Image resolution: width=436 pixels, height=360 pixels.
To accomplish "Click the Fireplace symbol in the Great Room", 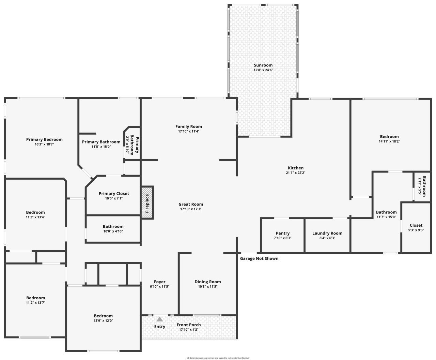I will click(147, 202).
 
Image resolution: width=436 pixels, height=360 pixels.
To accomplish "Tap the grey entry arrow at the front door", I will click(159, 319).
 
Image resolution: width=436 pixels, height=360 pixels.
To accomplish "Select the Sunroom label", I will click(263, 65).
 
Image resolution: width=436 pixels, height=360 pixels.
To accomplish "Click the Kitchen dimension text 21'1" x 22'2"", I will click(295, 172).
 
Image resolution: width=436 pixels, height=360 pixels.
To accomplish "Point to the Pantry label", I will click(283, 233).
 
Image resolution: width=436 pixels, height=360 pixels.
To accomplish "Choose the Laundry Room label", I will click(327, 233).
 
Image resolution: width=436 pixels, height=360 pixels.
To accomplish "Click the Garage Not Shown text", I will click(259, 258).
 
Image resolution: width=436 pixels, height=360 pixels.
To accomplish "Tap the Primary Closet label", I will click(114, 194).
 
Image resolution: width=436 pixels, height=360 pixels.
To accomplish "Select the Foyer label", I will click(159, 282).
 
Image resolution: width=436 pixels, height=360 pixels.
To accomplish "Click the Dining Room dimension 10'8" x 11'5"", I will click(207, 286).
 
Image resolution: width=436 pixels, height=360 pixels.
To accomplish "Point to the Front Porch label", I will click(188, 325).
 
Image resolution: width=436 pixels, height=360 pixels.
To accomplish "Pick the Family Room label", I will click(188, 126).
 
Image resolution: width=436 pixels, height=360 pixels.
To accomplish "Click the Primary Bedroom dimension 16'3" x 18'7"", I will click(44, 144).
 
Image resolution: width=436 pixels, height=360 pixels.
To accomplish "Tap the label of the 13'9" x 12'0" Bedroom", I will click(103, 316).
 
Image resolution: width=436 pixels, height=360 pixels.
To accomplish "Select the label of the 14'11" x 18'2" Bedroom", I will click(389, 136).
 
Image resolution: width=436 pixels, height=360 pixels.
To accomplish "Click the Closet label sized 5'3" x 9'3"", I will click(416, 225).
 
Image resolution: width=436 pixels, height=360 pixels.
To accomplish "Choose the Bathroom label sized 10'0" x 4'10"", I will click(113, 226).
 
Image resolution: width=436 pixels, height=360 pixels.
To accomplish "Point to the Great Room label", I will click(191, 204).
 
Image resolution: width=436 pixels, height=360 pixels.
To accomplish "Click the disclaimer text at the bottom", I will click(218, 358).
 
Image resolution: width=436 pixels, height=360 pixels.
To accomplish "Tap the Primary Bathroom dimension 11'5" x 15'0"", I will click(101, 147).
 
